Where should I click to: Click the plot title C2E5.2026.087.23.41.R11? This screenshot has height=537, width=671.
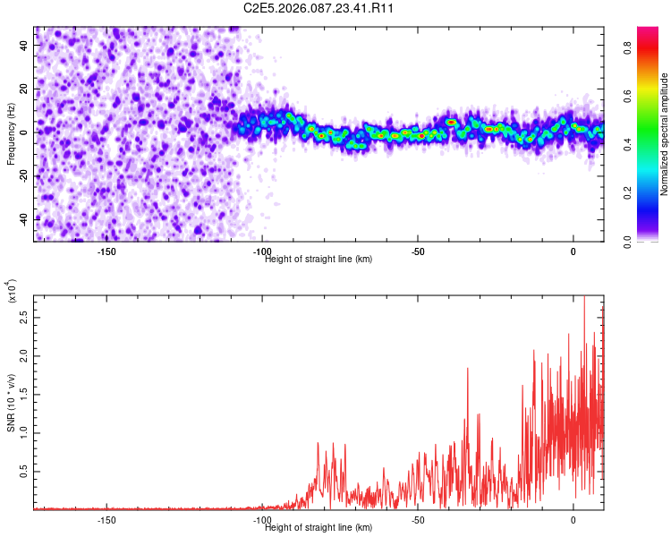[319, 8]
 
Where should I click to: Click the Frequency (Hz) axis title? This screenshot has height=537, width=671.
[11, 133]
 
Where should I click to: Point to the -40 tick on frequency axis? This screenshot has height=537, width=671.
[24, 218]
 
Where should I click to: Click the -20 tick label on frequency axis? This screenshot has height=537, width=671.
[24, 175]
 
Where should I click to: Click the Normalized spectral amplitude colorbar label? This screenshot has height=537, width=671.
[665, 133]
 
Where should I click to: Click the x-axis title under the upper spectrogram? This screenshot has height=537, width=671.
[319, 259]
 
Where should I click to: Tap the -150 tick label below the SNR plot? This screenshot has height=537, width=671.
[106, 520]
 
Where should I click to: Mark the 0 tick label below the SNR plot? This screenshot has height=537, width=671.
[573, 520]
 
